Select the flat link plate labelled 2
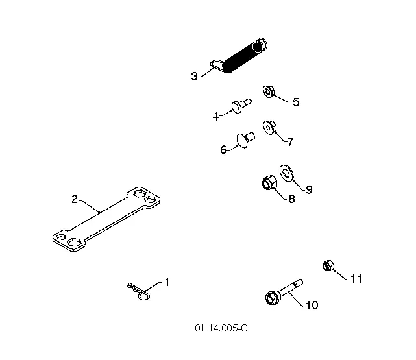[106, 219]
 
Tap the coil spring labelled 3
[239, 56]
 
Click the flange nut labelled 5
[269, 91]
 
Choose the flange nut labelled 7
[270, 128]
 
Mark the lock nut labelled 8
[269, 183]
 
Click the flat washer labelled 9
[286, 173]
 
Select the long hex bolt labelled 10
[284, 292]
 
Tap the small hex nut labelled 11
[328, 266]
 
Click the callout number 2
[75, 199]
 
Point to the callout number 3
[195, 77]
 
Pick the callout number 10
[312, 306]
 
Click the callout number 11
[356, 279]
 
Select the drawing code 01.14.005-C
[221, 328]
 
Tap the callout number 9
[309, 189]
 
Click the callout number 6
[224, 150]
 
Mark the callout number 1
[167, 282]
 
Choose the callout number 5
[296, 102]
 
